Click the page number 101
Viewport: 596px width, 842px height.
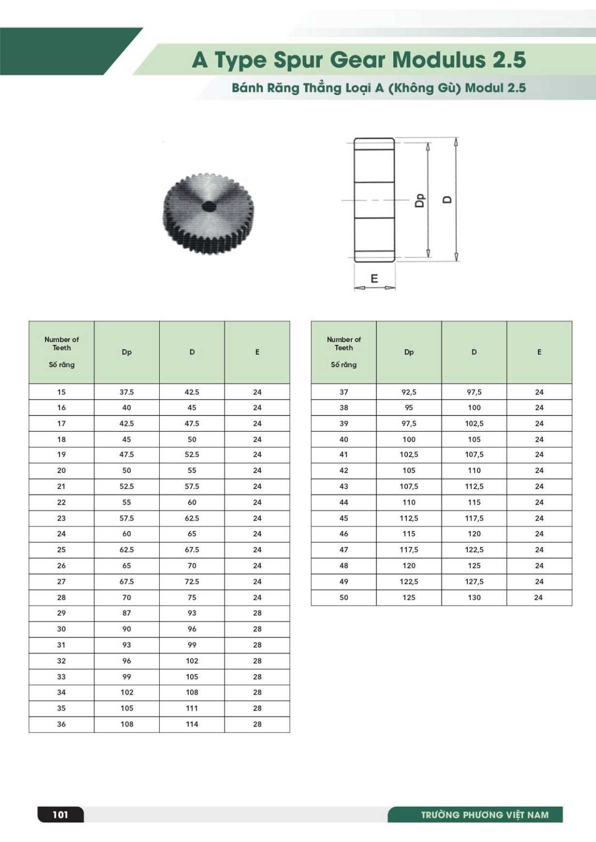[x=61, y=814]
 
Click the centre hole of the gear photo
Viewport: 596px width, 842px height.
[x=209, y=206]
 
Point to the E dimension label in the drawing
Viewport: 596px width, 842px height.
[x=374, y=278]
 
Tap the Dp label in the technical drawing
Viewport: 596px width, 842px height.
[x=420, y=200]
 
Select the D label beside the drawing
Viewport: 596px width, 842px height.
[x=448, y=199]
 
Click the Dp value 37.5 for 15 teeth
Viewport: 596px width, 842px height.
[x=127, y=392]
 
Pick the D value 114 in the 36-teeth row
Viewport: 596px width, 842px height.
[x=192, y=724]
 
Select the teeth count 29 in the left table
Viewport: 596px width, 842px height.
[x=62, y=613]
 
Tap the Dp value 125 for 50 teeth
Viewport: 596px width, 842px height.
[x=409, y=597]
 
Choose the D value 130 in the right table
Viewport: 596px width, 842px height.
[x=474, y=597]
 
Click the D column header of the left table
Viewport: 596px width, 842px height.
[x=192, y=352]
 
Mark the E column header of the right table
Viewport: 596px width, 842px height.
[x=539, y=352]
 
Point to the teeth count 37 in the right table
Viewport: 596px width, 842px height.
[x=344, y=392]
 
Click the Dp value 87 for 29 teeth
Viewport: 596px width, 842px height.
[x=127, y=613]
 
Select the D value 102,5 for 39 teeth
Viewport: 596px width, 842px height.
[x=474, y=423]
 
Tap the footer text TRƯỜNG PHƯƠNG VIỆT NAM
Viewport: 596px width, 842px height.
[x=484, y=815]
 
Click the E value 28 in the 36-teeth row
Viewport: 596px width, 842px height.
[x=257, y=724]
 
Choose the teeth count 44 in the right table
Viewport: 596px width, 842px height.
[x=344, y=502]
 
